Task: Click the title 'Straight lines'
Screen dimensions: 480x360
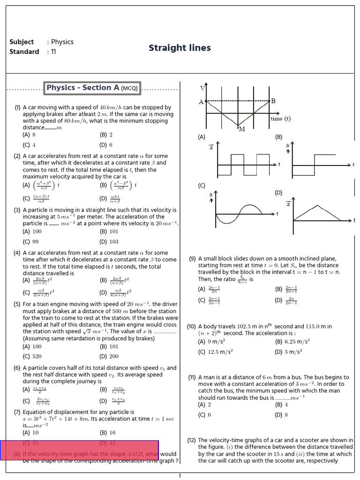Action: [x=180, y=48]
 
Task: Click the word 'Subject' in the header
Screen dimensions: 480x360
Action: [x=22, y=42]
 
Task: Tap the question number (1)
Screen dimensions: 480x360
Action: [x=17, y=107]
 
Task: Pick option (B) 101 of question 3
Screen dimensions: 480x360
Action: [x=109, y=231]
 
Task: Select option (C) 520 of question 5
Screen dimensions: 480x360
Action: [x=32, y=356]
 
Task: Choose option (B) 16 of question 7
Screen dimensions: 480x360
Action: [x=107, y=433]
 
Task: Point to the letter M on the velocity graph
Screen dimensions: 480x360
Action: [x=242, y=129]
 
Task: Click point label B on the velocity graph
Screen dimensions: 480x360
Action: [x=273, y=101]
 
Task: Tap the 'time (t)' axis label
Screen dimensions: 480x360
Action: [x=280, y=119]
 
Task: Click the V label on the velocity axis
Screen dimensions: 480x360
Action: [x=202, y=88]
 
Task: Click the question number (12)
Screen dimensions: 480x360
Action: [x=191, y=440]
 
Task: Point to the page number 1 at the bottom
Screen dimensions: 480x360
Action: [x=180, y=476]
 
